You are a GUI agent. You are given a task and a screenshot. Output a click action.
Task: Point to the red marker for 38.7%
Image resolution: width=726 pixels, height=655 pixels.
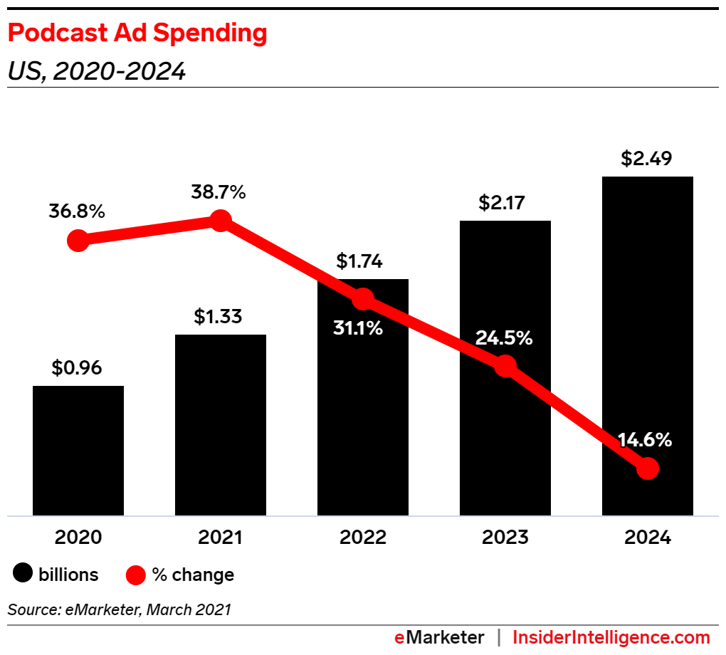[221, 221]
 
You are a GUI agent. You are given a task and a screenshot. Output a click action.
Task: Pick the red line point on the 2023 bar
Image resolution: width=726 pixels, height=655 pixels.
[505, 366]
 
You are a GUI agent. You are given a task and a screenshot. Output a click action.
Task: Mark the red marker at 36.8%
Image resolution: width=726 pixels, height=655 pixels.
[78, 241]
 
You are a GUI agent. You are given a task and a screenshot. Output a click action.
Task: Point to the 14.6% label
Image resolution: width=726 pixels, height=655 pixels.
[645, 440]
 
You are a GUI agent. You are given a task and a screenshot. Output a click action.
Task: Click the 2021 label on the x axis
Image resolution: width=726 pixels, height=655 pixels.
[221, 537]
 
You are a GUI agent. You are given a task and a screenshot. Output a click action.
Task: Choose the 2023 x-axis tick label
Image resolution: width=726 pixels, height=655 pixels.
[505, 537]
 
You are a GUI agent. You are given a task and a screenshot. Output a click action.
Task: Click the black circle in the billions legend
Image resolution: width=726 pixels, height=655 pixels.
[24, 574]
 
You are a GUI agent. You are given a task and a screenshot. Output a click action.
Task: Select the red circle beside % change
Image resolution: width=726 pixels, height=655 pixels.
[136, 574]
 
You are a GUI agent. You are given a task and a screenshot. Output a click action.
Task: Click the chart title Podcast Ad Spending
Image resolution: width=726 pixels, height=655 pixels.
[137, 34]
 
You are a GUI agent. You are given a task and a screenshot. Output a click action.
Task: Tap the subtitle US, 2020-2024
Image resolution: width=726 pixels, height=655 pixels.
[97, 71]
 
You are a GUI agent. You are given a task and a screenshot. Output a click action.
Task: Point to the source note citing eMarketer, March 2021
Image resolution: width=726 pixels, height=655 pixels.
[120, 609]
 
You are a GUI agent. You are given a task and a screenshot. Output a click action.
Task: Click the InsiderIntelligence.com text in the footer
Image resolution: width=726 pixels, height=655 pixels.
[611, 637]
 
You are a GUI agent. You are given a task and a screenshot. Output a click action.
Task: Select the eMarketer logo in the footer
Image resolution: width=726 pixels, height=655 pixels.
[440, 637]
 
